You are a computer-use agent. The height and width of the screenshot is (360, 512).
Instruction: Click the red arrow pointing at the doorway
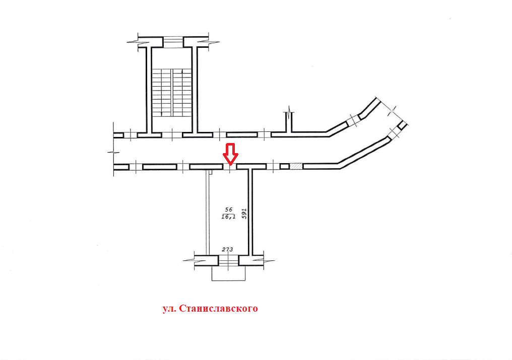tap(230, 154)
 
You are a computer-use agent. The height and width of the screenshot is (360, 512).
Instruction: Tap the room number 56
tap(228, 209)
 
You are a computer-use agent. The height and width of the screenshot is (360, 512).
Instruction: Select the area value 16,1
tap(228, 217)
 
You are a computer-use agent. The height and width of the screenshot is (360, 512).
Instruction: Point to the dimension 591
tap(243, 213)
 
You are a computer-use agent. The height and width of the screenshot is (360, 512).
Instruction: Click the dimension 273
tap(228, 249)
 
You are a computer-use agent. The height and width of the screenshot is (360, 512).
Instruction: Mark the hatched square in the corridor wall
tap(296, 166)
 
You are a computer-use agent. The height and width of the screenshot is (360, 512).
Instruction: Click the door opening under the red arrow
tap(230, 166)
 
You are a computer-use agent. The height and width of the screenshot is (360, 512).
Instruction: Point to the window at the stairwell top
tap(172, 40)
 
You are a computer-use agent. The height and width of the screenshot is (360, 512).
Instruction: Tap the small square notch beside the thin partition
tap(211, 172)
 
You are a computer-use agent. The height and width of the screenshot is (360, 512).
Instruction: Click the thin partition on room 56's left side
tap(207, 211)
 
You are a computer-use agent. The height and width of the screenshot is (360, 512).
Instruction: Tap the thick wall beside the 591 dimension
tap(250, 211)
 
